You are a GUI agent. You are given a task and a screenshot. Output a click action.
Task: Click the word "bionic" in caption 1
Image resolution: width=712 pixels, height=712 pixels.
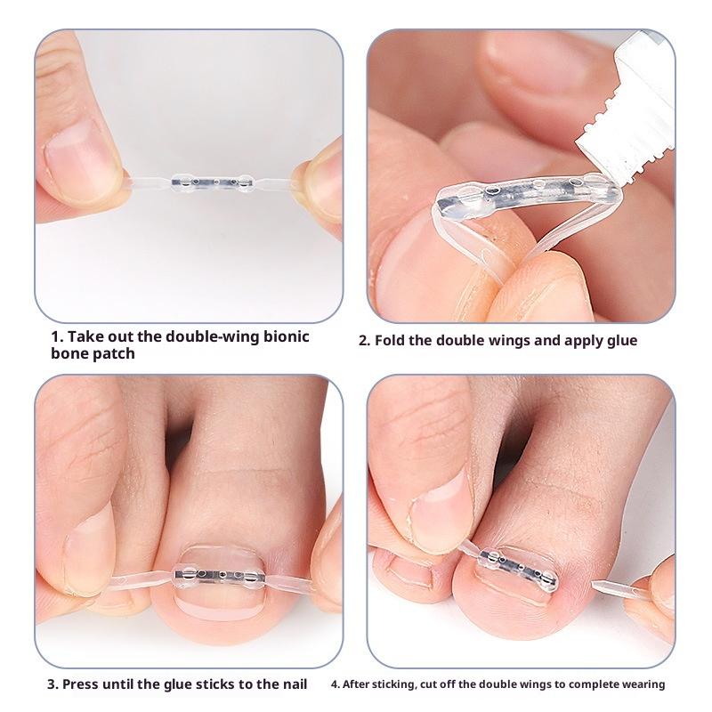(282, 336)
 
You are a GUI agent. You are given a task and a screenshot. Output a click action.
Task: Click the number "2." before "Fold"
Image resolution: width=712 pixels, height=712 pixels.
(364, 340)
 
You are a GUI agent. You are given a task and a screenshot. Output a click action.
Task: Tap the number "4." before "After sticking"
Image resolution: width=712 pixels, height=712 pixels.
(335, 684)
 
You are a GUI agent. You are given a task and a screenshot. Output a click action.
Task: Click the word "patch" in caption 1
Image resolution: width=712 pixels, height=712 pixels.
(115, 353)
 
